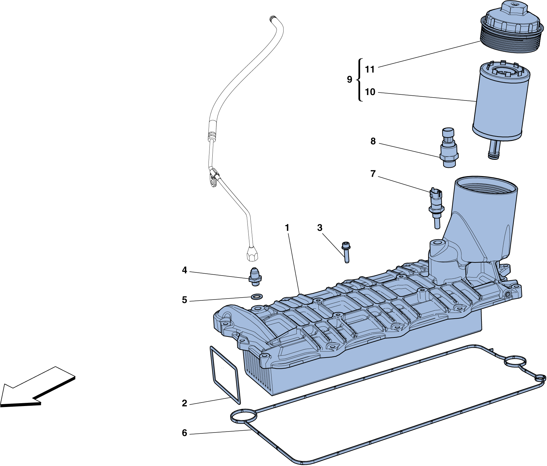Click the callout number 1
[x=287, y=228]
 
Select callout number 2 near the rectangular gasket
[x=184, y=403]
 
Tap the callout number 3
[x=320, y=228]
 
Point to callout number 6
[x=184, y=433]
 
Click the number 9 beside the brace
[x=350, y=79]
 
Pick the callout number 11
[x=369, y=69]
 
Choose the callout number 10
[x=370, y=92]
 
